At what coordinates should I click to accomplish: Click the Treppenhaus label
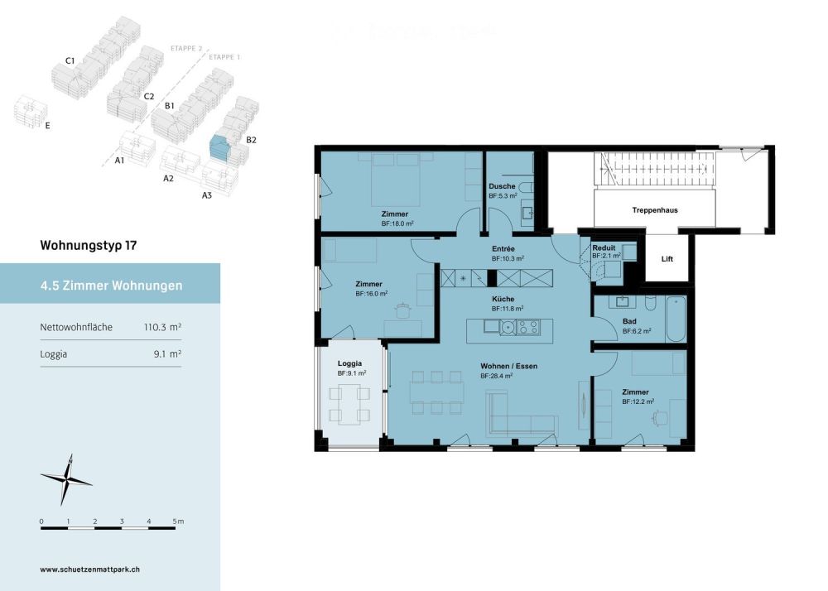pos(654,210)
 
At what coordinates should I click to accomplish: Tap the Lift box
pos(667,259)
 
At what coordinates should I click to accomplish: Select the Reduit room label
pos(604,247)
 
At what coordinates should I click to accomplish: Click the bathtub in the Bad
pos(676,318)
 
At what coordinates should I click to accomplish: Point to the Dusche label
pos(502,186)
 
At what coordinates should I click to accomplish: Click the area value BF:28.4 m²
pos(497,376)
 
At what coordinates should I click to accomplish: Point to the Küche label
pos(502,299)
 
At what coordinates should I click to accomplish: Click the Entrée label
pos(503,248)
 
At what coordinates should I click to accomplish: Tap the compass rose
pos(65,479)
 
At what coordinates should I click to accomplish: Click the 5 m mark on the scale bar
pos(176,521)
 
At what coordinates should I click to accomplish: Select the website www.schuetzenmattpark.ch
pos(89,569)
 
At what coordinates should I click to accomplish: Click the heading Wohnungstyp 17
pos(88,246)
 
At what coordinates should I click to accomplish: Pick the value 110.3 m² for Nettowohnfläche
pos(162,328)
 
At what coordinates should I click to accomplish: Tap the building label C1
pos(70,61)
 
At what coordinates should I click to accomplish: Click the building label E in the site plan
pos(47,127)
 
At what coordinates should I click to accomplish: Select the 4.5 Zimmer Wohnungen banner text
pos(111,286)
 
